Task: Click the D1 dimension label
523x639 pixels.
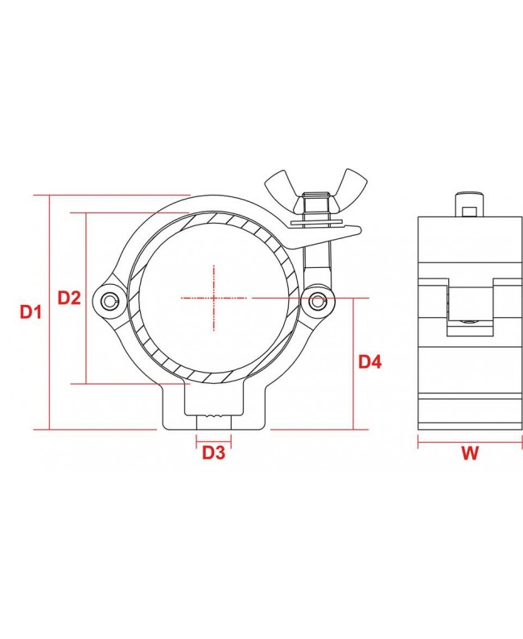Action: coord(30,311)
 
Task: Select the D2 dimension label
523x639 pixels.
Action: coord(69,298)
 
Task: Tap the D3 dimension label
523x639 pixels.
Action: coord(212,452)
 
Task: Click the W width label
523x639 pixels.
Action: coord(470,453)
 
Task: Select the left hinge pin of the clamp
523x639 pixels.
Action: coord(109,300)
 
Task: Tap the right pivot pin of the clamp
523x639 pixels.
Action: coord(318,301)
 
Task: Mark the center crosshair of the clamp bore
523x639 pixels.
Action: coord(215,298)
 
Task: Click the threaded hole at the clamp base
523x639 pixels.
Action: coord(212,421)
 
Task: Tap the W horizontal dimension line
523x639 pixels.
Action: coord(469,439)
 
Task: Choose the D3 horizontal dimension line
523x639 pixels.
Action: coord(212,439)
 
